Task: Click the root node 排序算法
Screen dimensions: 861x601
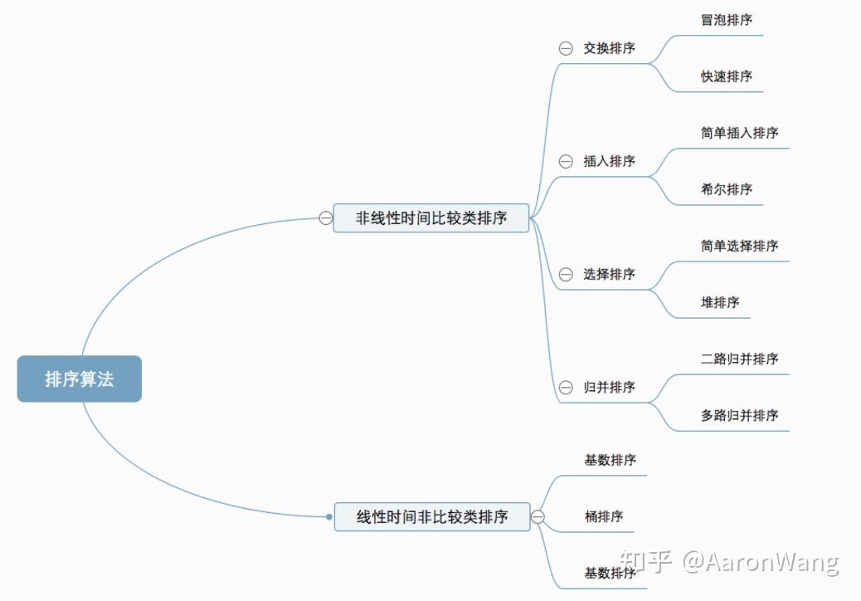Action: pyautogui.click(x=80, y=379)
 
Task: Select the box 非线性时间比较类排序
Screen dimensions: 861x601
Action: pyautogui.click(x=431, y=218)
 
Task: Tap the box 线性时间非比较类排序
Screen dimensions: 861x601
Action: pyautogui.click(x=432, y=516)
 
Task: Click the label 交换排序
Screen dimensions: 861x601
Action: pyautogui.click(x=609, y=48)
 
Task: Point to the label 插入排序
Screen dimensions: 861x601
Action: pyautogui.click(x=609, y=161)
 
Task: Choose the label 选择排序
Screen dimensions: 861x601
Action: pyautogui.click(x=609, y=274)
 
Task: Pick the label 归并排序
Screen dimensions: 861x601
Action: pyautogui.click(x=609, y=388)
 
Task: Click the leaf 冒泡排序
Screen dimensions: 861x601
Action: pyautogui.click(x=727, y=20)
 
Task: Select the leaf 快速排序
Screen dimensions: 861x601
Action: pyautogui.click(x=727, y=76)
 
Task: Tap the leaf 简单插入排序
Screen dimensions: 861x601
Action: pyautogui.click(x=740, y=133)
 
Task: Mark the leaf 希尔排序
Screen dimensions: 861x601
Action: pyautogui.click(x=727, y=189)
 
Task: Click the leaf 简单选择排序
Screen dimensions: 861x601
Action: pyautogui.click(x=740, y=246)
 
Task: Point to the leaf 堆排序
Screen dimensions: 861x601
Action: pyautogui.click(x=720, y=302)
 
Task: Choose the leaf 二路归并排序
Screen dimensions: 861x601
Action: pyautogui.click(x=740, y=359)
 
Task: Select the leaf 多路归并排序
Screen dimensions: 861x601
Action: pyautogui.click(x=740, y=415)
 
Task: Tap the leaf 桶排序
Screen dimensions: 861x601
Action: pyautogui.click(x=604, y=516)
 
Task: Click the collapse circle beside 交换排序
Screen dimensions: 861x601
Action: pyautogui.click(x=566, y=48)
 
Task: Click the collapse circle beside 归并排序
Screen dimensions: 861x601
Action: pyautogui.click(x=566, y=388)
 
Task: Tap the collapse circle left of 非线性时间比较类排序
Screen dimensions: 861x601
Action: pyautogui.click(x=326, y=218)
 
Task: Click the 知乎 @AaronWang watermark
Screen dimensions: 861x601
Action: pyautogui.click(x=729, y=562)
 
